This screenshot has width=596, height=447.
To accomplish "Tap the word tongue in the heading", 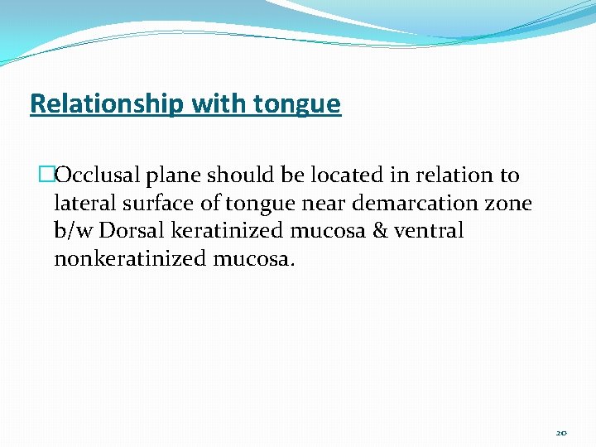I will click(x=298, y=104).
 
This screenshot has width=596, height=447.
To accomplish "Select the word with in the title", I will click(x=220, y=104).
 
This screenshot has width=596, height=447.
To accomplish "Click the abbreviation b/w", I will click(x=74, y=230).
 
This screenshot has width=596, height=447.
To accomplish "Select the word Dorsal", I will click(x=130, y=230).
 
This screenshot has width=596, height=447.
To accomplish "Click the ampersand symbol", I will click(x=379, y=230).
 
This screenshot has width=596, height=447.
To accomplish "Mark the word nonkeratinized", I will click(x=130, y=258).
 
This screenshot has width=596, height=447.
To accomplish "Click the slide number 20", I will click(x=561, y=432).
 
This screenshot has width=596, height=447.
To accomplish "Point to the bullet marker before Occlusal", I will click(x=46, y=175).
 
